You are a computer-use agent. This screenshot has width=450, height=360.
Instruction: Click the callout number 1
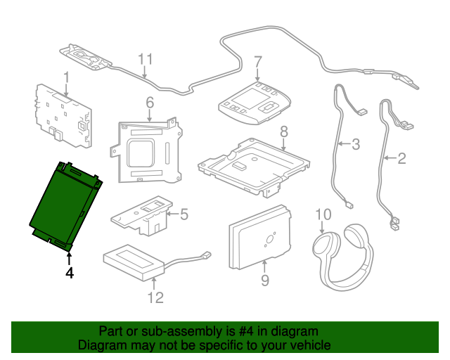click(66, 77)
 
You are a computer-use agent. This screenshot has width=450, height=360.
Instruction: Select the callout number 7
click(258, 62)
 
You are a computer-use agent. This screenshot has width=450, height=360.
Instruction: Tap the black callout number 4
click(70, 273)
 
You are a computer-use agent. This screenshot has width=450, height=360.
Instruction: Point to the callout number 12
click(155, 297)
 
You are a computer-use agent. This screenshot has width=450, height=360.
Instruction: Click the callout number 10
click(323, 214)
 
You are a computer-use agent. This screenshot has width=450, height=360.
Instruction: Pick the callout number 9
click(265, 280)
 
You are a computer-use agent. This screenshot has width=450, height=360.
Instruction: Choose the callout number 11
click(146, 59)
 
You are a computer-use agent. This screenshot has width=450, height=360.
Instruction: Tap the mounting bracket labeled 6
click(146, 150)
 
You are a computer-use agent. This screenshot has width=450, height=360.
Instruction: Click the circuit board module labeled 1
click(64, 116)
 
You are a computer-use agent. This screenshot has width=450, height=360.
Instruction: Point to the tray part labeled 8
click(254, 168)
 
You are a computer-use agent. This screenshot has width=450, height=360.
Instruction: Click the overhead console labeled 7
click(255, 103)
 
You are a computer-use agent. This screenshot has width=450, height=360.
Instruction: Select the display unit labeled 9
click(259, 238)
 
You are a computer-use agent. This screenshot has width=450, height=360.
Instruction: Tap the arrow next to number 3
click(345, 143)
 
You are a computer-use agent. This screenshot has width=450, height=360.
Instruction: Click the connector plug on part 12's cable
click(207, 255)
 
